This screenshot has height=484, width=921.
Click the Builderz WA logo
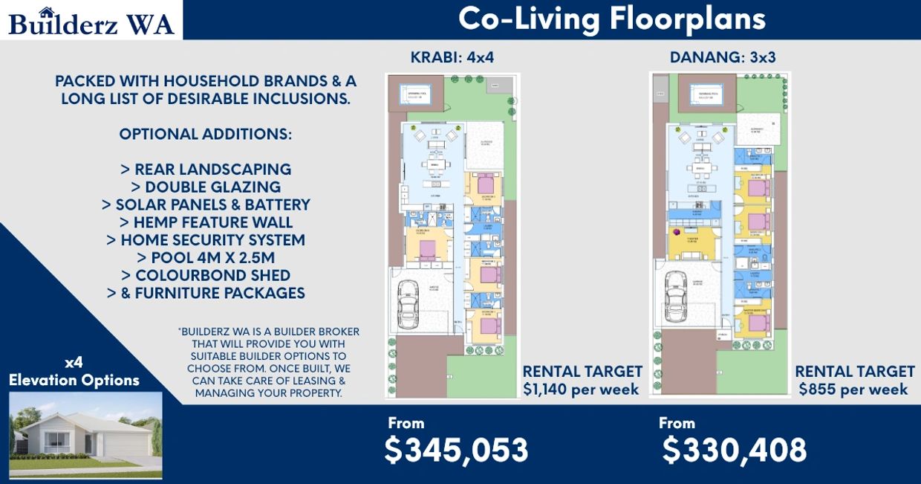(x=91, y=21)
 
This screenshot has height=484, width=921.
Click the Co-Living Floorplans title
(x=611, y=19)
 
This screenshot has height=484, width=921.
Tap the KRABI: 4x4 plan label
(x=452, y=58)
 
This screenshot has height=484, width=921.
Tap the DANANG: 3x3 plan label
(x=723, y=58)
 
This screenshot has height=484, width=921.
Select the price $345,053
(x=456, y=450)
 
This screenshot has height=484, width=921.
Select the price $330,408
(x=734, y=450)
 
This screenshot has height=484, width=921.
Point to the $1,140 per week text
(x=581, y=389)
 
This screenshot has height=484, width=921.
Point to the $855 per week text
(x=853, y=389)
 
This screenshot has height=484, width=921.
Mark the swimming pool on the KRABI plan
(x=415, y=94)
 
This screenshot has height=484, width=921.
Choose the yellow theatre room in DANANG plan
(x=693, y=242)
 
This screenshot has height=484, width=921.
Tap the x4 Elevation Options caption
(x=74, y=372)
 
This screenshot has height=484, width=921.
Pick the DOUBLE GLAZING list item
(x=206, y=187)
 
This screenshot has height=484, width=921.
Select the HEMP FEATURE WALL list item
(x=206, y=222)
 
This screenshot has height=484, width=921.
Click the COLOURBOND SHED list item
(x=206, y=275)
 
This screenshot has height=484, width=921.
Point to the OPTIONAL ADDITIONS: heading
(x=206, y=135)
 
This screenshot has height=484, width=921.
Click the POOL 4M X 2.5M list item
(x=206, y=258)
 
